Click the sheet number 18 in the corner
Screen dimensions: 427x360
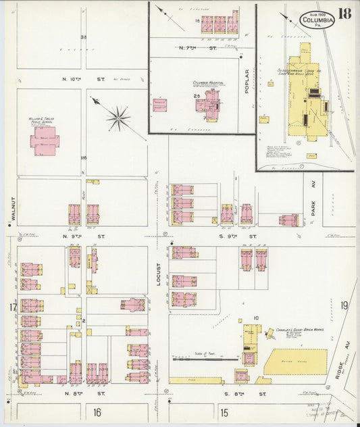pyautogui.click(x=345, y=14)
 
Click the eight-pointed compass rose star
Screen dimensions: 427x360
pyautogui.click(x=118, y=119)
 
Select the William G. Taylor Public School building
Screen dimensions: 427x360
pyautogui.click(x=45, y=141)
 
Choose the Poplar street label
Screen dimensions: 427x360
pyautogui.click(x=248, y=81)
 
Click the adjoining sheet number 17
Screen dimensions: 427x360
pyautogui.click(x=12, y=308)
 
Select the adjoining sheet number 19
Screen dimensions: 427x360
pyautogui.click(x=344, y=305)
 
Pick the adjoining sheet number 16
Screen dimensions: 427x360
pyautogui.click(x=97, y=412)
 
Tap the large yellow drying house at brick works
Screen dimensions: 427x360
pyautogui.click(x=295, y=362)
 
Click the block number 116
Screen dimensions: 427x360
pyautogui.click(x=83, y=158)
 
